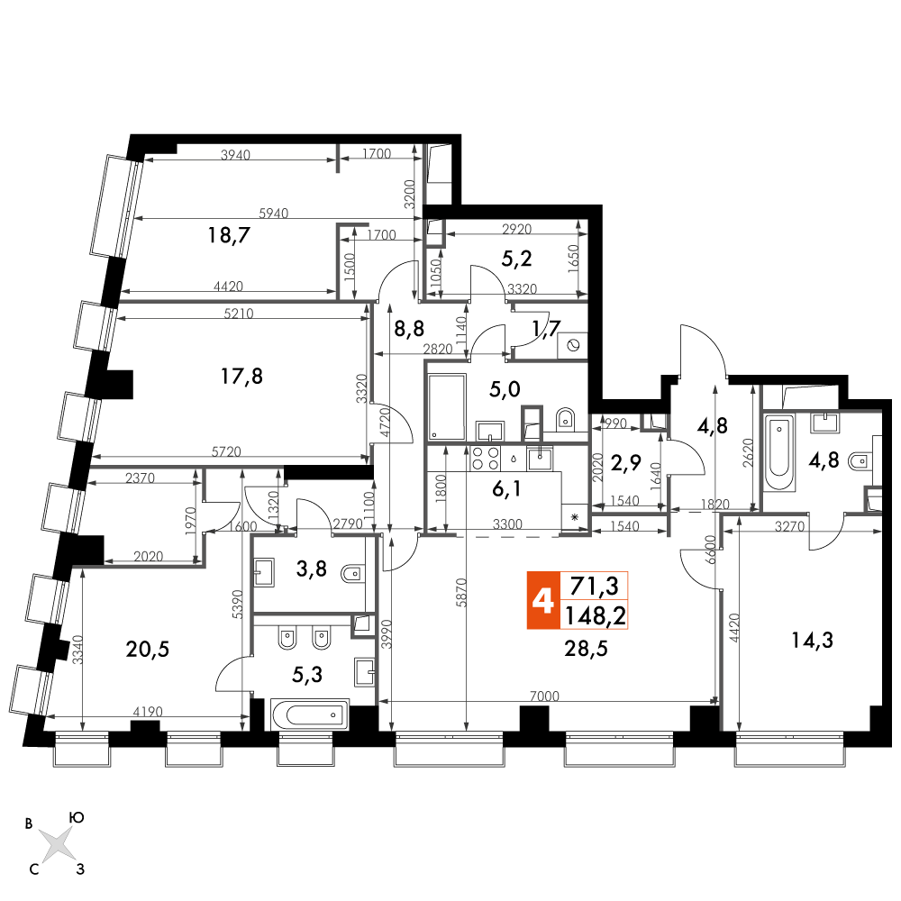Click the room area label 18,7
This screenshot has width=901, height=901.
(229, 235)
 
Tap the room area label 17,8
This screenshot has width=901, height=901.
(241, 377)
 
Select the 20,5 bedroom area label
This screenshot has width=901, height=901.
(148, 650)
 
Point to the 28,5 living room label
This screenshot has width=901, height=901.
(586, 649)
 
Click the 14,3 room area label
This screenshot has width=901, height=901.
(812, 640)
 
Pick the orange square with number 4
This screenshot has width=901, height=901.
(543, 600)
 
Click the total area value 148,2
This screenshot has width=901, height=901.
(596, 616)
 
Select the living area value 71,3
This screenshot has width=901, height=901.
(594, 587)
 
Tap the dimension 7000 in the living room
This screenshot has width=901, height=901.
(544, 696)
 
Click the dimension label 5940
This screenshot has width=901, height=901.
(274, 214)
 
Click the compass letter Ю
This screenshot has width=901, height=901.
(77, 818)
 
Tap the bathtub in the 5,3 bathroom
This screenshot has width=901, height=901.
(310, 714)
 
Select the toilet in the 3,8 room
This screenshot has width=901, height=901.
(351, 573)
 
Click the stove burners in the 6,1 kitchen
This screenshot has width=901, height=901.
(485, 459)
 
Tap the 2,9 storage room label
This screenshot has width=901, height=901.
(626, 462)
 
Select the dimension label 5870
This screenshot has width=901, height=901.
(464, 593)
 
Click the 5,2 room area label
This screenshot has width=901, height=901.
(516, 259)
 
